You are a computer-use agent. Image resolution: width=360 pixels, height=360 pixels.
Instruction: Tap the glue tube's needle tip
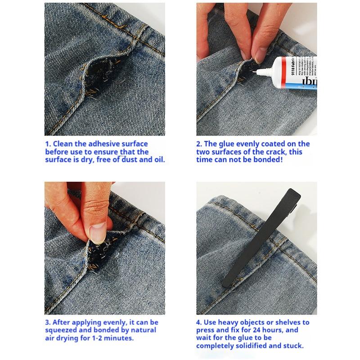coord(257,71)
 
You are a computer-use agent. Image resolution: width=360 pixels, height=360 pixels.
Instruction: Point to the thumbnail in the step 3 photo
coord(97,232)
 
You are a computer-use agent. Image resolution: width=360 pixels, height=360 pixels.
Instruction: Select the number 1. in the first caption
coord(48,144)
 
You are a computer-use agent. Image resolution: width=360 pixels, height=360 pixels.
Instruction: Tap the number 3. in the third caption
coord(48,322)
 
